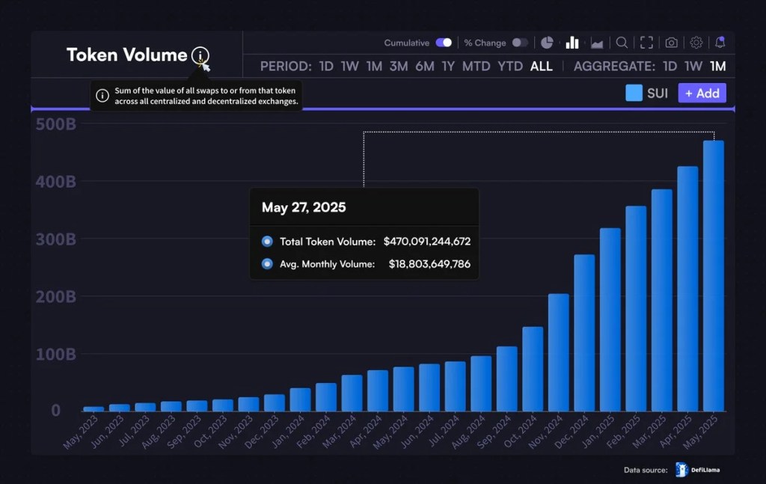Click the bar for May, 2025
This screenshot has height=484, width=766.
(x=713, y=277)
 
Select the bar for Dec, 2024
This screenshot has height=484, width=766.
(x=584, y=333)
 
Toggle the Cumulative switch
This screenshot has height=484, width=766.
(x=444, y=43)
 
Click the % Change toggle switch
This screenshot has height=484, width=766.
(x=520, y=43)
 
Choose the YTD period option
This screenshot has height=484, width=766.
(x=510, y=67)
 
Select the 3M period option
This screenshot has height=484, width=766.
(x=399, y=67)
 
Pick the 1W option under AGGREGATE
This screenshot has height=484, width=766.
(x=693, y=67)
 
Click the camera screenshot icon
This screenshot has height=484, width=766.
(x=672, y=43)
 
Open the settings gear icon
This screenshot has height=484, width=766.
(x=696, y=43)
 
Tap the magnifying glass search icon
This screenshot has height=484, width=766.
(x=622, y=43)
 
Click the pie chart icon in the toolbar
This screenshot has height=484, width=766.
(x=547, y=43)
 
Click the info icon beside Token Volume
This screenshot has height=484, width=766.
(x=200, y=55)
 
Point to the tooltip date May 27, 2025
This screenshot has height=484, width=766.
(x=304, y=207)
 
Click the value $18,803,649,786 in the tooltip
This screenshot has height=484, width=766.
(x=429, y=264)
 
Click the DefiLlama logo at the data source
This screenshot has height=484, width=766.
(x=681, y=470)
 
